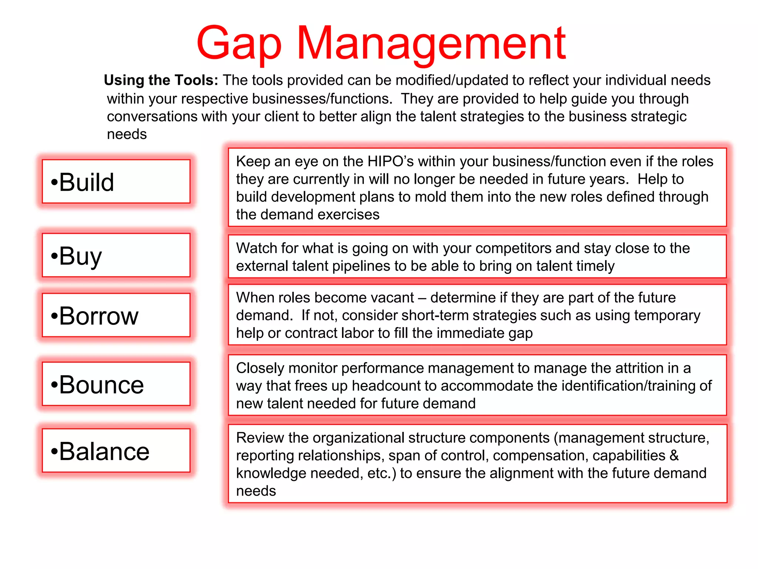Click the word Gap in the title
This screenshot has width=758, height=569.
(239, 44)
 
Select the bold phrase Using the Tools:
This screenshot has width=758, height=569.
(161, 80)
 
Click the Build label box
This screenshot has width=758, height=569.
(116, 182)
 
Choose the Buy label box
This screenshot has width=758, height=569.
(116, 255)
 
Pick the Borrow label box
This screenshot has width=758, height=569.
(116, 315)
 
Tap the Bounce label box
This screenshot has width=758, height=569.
(116, 384)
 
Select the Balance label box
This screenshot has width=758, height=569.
(116, 451)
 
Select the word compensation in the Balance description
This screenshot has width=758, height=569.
(540, 456)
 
